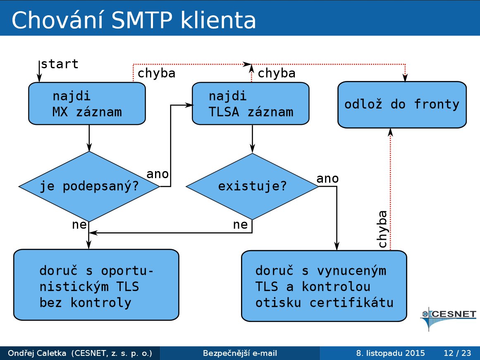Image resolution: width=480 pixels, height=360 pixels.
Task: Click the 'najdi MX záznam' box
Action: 87,103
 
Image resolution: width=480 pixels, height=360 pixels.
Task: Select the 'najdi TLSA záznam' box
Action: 251,103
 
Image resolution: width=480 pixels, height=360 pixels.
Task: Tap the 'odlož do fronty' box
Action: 402,105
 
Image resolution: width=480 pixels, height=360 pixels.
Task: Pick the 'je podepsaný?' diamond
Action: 89,186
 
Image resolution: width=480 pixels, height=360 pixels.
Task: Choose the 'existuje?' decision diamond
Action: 252,186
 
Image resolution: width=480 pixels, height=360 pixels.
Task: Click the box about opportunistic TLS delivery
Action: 96,285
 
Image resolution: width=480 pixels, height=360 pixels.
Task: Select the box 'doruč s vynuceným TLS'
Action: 324,286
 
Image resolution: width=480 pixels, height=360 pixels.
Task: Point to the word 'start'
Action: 60,64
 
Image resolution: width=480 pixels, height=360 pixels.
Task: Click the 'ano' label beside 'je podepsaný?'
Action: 158,174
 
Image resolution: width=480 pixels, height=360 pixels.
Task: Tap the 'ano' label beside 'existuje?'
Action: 327,179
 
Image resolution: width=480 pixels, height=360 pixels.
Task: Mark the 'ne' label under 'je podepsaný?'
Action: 79,225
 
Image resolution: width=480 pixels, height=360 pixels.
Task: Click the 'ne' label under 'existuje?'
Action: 240,225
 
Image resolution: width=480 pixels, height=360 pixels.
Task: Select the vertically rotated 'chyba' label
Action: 383,229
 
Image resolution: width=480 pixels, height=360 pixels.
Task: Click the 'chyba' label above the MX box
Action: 156,74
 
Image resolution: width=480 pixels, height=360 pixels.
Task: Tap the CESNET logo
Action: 448,318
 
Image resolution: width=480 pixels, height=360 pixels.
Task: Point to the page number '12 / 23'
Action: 457,353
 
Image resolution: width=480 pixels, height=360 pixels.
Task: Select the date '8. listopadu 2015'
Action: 390,353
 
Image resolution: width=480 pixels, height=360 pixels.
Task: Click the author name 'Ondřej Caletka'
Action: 37,353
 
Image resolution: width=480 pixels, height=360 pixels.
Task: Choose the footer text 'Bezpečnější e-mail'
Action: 240,353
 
